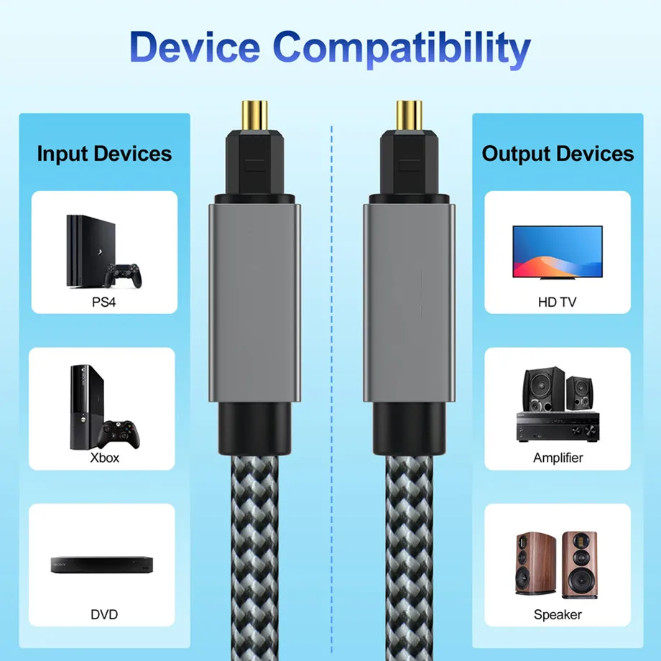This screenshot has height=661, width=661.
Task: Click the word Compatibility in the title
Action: coord(402,49)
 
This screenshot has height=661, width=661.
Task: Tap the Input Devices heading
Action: coord(104,153)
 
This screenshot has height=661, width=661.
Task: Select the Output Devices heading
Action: coord(558,153)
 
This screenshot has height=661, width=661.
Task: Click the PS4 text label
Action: coord(103,302)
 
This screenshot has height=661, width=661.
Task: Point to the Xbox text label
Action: coord(105,457)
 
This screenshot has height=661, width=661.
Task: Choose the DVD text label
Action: coord(104,614)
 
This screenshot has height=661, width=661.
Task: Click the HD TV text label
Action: coord(557,302)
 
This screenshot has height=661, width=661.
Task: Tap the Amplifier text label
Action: coord(558,457)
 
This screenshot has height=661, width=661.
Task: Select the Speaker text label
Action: coord(558,614)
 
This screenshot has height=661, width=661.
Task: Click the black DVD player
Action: coord(102,564)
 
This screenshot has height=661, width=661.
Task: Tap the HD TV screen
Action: coord(557,251)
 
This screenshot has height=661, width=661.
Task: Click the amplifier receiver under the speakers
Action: coord(557,427)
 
